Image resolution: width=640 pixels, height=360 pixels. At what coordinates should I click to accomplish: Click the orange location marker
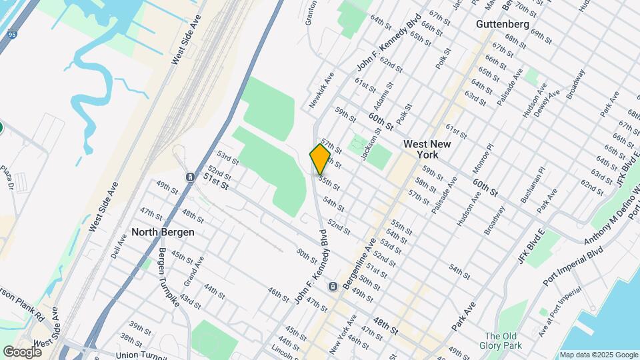tap(320, 159)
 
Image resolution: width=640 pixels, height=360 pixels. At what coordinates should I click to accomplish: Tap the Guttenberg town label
tap(503, 25)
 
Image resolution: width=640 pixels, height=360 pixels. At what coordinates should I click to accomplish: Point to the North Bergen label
tap(163, 232)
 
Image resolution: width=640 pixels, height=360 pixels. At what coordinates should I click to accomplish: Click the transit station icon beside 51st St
tap(191, 177)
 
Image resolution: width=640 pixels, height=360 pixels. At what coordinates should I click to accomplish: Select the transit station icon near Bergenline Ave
tap(333, 287)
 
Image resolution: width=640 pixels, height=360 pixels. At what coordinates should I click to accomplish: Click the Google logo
tap(22, 351)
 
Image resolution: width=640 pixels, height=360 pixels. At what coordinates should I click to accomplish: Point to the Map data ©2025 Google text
tap(598, 355)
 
